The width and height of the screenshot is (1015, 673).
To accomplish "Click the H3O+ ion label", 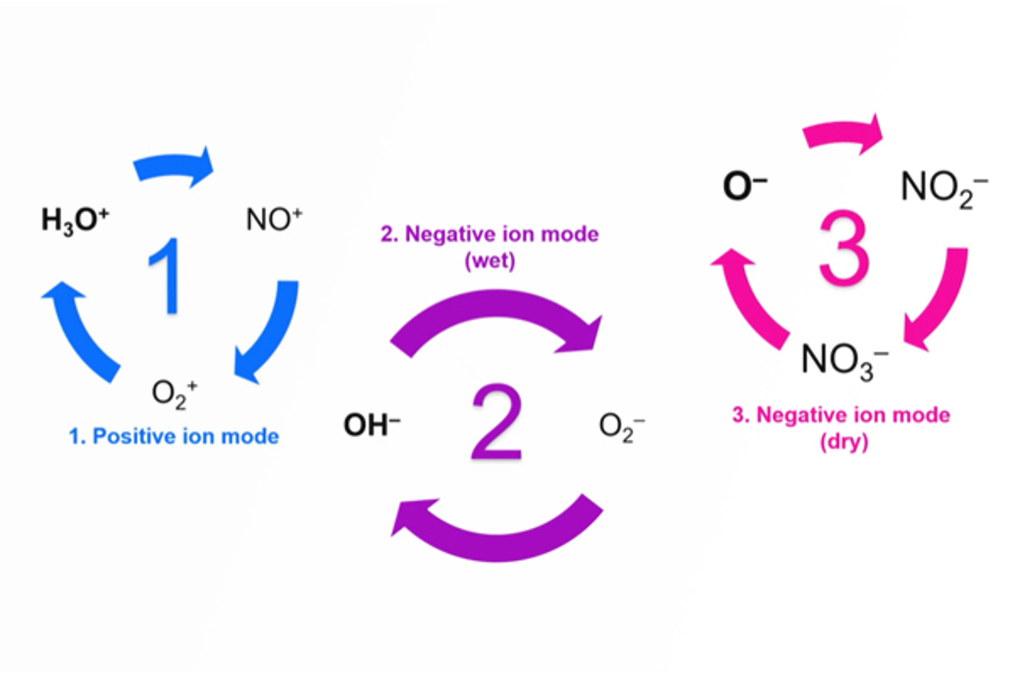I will click(75, 220).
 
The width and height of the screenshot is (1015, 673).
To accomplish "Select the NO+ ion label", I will click(273, 220).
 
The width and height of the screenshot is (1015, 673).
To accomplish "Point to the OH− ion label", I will click(372, 425).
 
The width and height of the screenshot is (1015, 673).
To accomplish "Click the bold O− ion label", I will click(745, 187).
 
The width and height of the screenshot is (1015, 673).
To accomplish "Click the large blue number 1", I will click(166, 276).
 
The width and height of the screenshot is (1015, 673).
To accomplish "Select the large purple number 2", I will click(497, 422).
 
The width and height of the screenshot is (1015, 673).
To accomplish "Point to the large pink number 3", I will click(844, 248).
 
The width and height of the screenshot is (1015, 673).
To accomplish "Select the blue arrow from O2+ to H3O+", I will click(79, 330).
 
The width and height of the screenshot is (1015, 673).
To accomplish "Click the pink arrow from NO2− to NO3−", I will click(939, 298).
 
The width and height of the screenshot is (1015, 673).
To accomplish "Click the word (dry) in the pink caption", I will click(844, 441).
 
